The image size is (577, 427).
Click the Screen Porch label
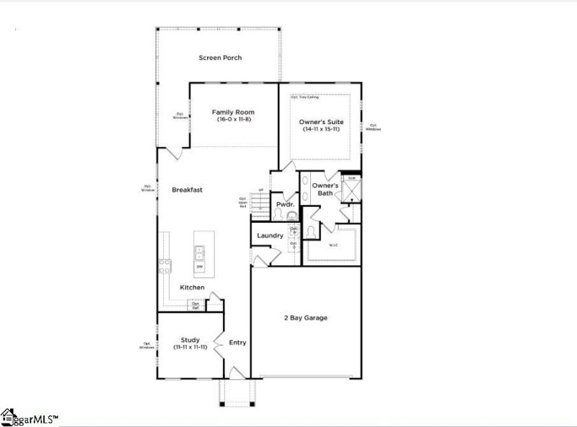click(221, 58)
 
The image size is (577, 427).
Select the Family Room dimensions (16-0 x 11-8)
click(233, 120)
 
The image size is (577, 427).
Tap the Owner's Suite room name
click(321, 122)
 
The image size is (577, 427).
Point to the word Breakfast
click(187, 190)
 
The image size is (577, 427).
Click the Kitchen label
click(192, 288)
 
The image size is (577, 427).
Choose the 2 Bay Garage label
click(306, 317)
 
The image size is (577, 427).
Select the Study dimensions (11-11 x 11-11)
click(190, 348)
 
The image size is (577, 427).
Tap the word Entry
click(237, 343)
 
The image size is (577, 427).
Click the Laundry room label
click(269, 236)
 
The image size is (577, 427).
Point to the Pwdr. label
click(283, 205)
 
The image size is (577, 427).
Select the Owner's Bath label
click(325, 190)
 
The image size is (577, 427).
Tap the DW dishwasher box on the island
click(199, 266)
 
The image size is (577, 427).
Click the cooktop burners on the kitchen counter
click(164, 265)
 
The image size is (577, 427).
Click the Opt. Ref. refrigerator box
click(195, 305)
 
